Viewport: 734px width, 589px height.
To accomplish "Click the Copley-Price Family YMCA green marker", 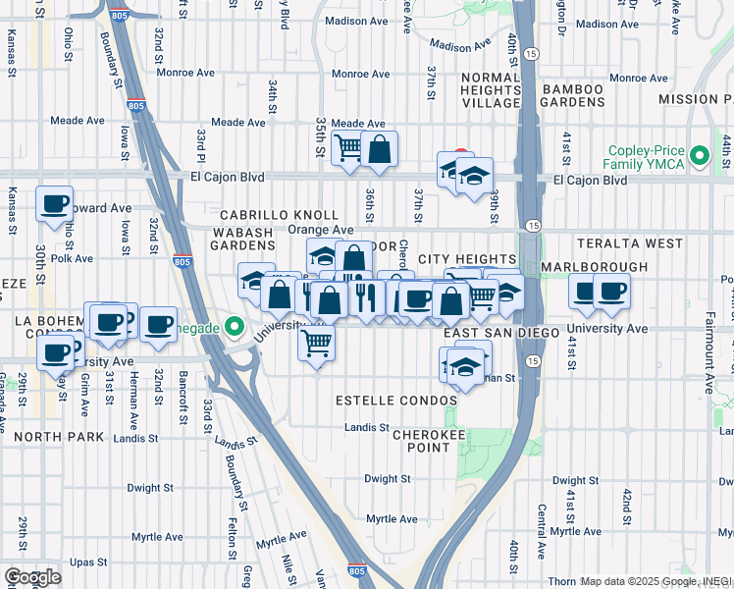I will [x=699, y=155].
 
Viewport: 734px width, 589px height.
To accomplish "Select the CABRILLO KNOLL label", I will [x=279, y=215].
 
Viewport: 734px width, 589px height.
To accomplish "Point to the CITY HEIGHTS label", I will [x=466, y=258].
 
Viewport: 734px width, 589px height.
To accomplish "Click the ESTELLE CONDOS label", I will [x=396, y=401].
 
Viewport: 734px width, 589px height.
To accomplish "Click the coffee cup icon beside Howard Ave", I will [x=55, y=203].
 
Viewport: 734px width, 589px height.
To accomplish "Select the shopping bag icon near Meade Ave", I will [x=380, y=149].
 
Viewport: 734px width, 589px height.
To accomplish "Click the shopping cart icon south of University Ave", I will [x=316, y=344].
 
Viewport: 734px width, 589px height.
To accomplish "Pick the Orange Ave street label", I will [x=306, y=230].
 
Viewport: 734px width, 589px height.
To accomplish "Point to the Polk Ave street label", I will [x=72, y=259].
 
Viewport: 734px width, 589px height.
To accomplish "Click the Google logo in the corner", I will [x=32, y=577].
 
